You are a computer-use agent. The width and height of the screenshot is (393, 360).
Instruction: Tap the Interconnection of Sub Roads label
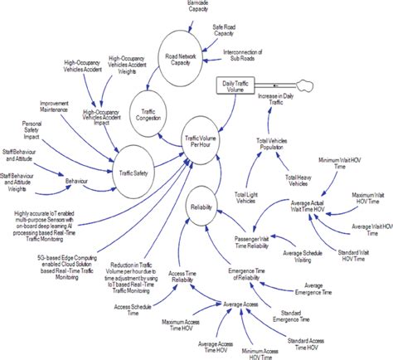point(252,56)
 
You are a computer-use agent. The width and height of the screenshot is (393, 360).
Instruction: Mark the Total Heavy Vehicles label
point(304,180)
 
